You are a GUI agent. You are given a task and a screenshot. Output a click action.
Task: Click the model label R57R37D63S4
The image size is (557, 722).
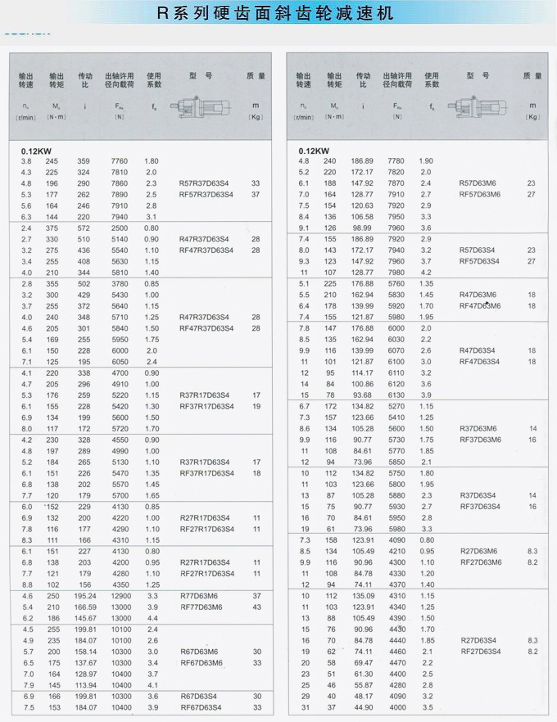pyautogui.click(x=206, y=183)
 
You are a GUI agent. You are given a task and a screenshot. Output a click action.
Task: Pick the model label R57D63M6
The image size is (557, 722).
pyautogui.click(x=480, y=183)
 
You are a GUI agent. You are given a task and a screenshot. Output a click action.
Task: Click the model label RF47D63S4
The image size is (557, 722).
pyautogui.click(x=480, y=361)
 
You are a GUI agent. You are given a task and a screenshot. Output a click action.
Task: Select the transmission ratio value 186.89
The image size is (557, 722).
pyautogui.click(x=363, y=161)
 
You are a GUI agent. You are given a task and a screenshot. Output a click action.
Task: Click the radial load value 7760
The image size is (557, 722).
pyautogui.click(x=120, y=161)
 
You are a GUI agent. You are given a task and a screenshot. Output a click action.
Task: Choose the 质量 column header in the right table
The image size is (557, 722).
pyautogui.click(x=532, y=76)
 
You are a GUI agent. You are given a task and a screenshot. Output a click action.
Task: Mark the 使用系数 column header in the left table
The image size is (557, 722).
pyautogui.click(x=154, y=80)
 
